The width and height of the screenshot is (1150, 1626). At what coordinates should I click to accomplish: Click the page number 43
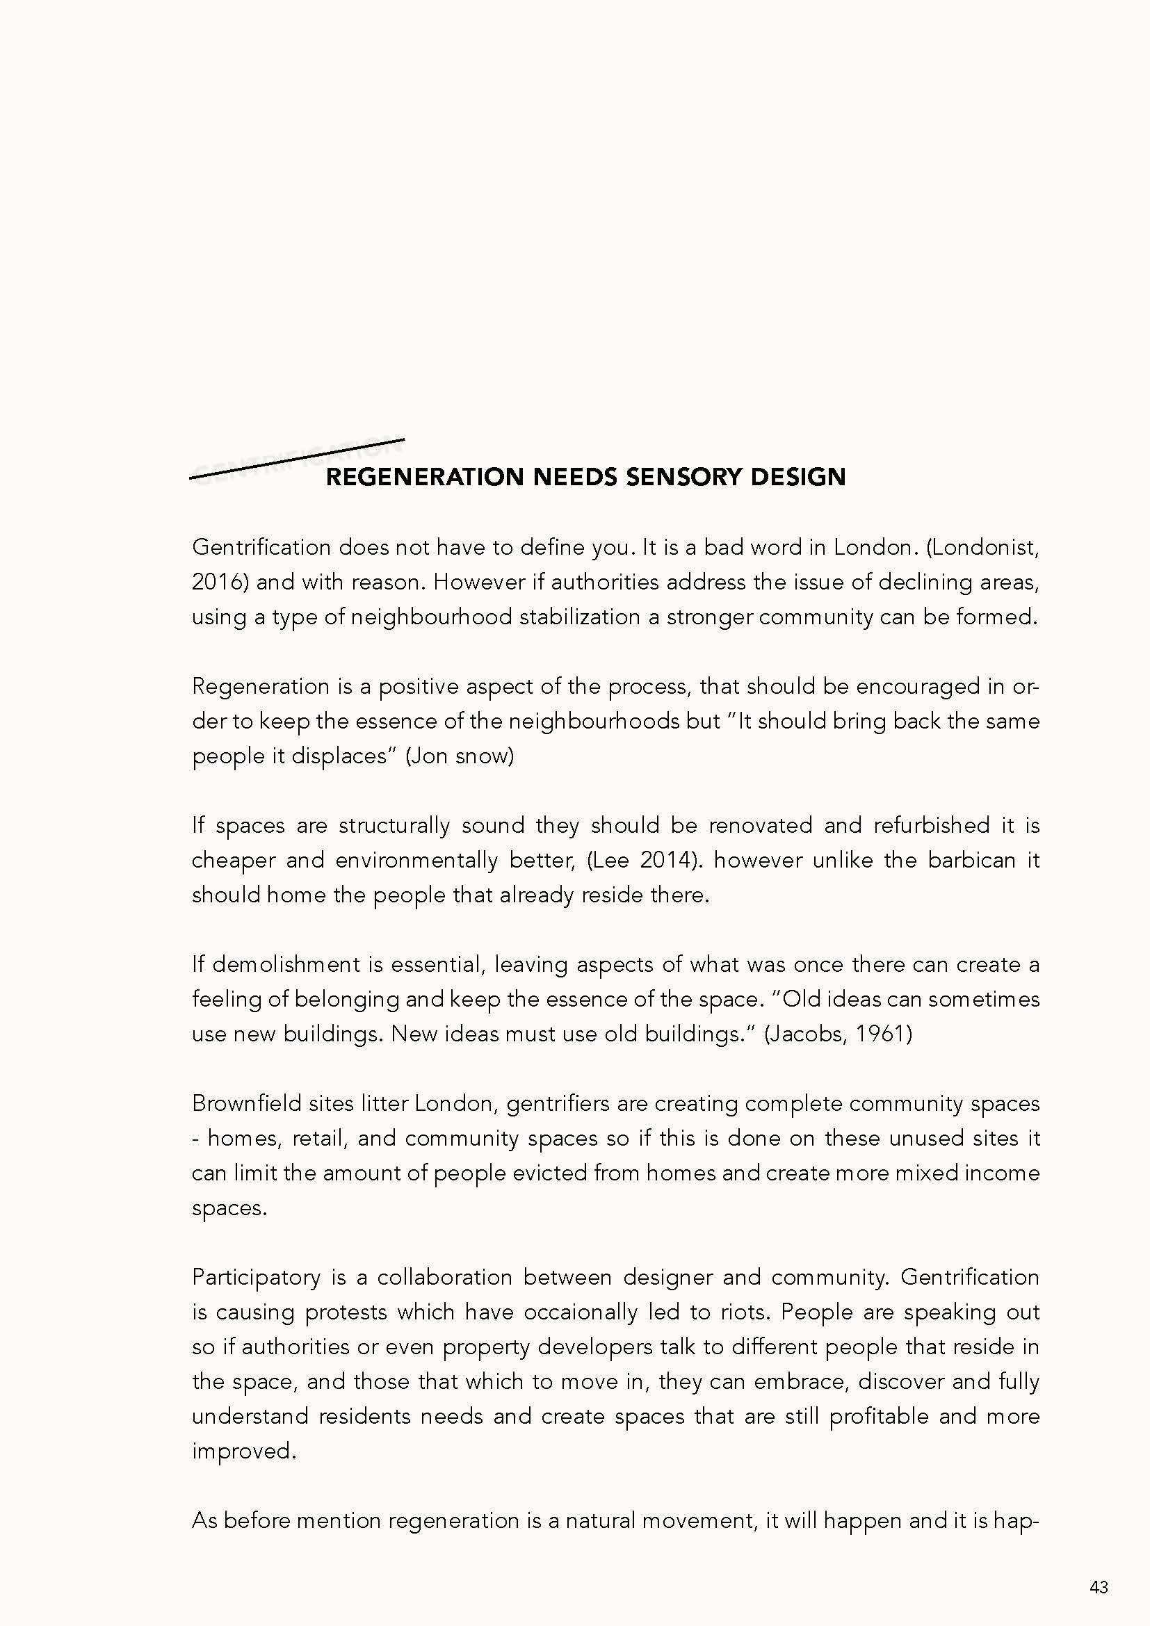point(1099,1586)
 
